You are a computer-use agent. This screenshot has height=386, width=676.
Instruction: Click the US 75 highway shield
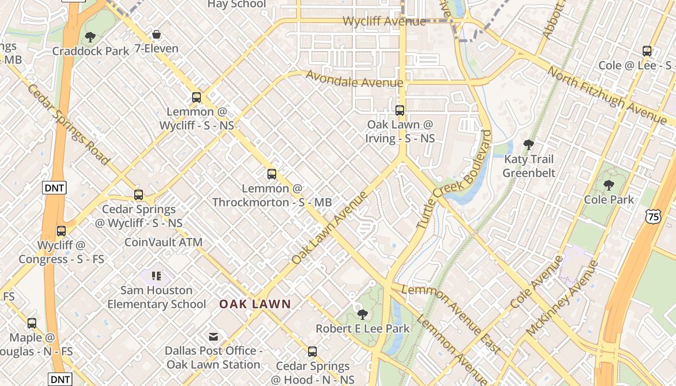click(653, 217)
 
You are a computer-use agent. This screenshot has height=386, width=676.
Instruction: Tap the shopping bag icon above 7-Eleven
click(156, 34)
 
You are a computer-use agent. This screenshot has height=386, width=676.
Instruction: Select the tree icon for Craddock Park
click(90, 37)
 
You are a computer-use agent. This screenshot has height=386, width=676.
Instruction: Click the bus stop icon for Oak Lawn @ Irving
click(400, 110)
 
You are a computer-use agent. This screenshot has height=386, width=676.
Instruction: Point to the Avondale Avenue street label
click(354, 80)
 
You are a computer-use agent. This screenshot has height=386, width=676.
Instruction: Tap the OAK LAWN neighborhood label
click(255, 304)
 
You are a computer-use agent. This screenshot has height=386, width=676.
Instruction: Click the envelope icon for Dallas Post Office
click(213, 336)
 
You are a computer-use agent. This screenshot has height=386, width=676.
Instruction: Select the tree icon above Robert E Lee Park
click(362, 315)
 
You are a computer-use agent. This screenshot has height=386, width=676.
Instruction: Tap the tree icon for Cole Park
click(608, 185)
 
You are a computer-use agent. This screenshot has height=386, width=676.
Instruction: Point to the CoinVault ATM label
click(163, 242)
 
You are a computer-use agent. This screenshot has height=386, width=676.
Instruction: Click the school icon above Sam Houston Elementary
click(156, 276)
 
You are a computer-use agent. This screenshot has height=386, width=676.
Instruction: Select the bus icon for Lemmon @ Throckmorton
click(272, 174)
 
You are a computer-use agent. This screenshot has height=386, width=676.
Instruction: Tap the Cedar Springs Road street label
click(68, 124)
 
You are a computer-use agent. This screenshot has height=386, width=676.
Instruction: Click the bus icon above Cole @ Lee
click(647, 51)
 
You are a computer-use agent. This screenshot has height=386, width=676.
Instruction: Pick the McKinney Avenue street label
click(563, 299)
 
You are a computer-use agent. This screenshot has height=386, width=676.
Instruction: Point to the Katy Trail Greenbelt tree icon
click(529, 144)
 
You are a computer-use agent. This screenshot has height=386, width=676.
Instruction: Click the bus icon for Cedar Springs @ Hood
click(312, 352)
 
